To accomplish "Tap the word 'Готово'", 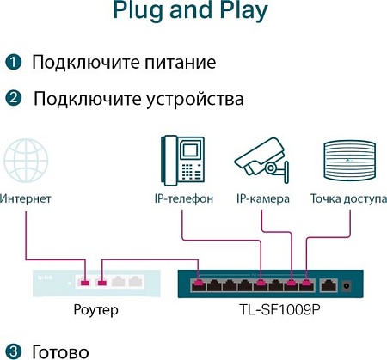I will pos(60,351).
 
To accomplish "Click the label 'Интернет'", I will pos(26,198).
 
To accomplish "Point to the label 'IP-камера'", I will pos(263,198).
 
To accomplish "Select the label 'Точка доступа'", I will pos(349,198).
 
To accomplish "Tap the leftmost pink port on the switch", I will pos(199,282).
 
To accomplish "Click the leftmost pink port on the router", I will pos(83,281).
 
